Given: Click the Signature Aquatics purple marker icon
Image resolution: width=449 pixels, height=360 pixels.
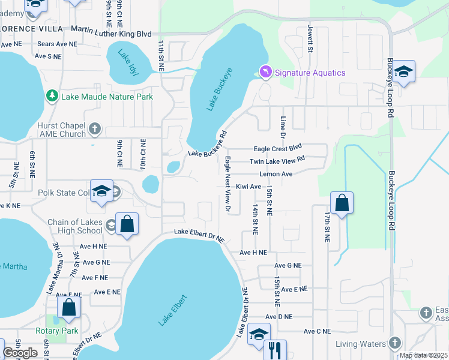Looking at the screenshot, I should coord(265,72).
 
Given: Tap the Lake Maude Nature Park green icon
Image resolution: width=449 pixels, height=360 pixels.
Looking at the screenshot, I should coord(52,96).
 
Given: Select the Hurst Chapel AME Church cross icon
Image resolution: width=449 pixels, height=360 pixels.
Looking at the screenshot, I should coord(94,128).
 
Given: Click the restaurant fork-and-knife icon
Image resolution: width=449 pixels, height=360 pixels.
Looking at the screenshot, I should coord(275,350).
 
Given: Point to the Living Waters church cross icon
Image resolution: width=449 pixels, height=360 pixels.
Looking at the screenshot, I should coord(394,343).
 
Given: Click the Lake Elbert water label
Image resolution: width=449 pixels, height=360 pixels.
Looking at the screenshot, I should coord(173,310).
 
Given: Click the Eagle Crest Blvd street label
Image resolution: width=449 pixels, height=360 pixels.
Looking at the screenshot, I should coord(277,148).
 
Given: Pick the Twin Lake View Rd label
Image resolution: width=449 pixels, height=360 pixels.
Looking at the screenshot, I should coord(277,161).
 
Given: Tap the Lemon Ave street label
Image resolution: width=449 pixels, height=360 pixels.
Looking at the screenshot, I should coord(276,174).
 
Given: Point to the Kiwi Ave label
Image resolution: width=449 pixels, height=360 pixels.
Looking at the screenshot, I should coord(248,187).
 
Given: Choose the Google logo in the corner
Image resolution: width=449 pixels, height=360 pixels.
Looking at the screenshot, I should coord(20,353).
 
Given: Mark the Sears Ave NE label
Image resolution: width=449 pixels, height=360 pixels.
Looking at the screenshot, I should coord(57,44).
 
